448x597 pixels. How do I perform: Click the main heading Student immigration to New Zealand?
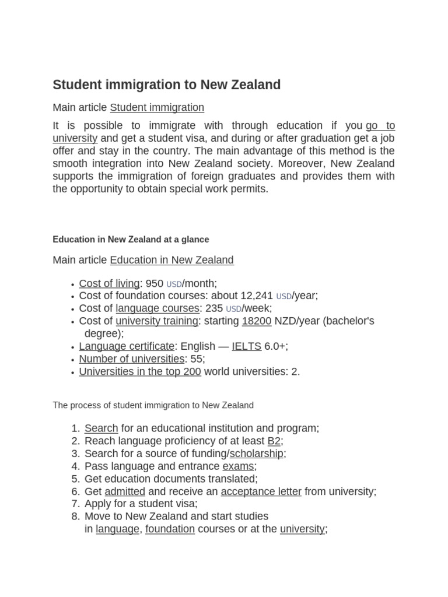166,85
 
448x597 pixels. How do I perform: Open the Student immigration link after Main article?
157,107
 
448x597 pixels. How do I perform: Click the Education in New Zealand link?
171,260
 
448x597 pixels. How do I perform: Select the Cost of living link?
109,283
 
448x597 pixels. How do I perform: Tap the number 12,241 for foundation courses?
257,296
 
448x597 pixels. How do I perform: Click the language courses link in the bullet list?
158,308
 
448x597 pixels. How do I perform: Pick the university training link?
157,321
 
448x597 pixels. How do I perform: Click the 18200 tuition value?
256,321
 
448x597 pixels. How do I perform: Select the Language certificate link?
127,346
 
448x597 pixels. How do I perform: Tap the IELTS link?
246,346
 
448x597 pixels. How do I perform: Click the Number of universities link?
131,359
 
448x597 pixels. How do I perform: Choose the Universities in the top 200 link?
140,371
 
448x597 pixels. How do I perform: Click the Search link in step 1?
101,428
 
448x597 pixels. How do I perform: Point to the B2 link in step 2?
274,441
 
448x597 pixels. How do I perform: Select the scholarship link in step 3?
256,454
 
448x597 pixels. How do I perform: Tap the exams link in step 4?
238,466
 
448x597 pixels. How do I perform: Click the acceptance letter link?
261,491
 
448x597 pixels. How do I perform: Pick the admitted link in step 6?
125,491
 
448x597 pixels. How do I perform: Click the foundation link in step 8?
170,529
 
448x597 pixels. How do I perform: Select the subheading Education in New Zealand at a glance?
131,239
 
